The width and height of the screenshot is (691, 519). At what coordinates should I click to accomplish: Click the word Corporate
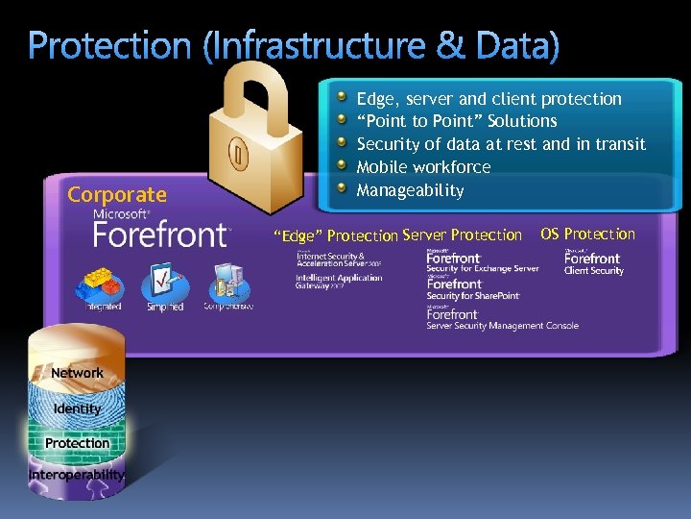pyautogui.click(x=117, y=195)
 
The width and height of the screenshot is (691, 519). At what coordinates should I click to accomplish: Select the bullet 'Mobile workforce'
pyautogui.click(x=423, y=167)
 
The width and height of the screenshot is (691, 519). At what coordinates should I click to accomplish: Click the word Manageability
pyautogui.click(x=410, y=190)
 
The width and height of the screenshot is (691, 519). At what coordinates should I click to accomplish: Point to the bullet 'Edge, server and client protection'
pyautogui.click(x=488, y=99)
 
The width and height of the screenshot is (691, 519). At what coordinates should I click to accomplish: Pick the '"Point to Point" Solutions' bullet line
pyautogui.click(x=457, y=121)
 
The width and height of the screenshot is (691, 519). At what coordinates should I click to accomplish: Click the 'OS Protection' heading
pyautogui.click(x=587, y=234)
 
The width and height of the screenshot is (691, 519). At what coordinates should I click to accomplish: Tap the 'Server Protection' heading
pyautogui.click(x=463, y=235)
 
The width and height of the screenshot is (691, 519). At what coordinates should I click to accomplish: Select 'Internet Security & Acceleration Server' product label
pyautogui.click(x=338, y=259)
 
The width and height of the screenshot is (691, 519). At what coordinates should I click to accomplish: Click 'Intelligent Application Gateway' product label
pyautogui.click(x=339, y=282)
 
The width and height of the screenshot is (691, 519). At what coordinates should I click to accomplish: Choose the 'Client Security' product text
pyautogui.click(x=593, y=271)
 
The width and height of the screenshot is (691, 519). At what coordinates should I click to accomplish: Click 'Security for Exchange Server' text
pyautogui.click(x=483, y=269)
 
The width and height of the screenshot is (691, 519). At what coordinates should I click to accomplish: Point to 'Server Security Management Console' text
pyautogui.click(x=503, y=326)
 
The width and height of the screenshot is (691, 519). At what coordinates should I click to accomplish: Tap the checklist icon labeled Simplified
pyautogui.click(x=164, y=284)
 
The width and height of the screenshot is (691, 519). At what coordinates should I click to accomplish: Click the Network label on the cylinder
pyautogui.click(x=77, y=373)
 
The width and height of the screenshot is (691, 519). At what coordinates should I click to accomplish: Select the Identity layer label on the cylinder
pyautogui.click(x=77, y=408)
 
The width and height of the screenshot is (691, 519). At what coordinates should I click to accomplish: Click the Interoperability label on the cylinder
pyautogui.click(x=77, y=475)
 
